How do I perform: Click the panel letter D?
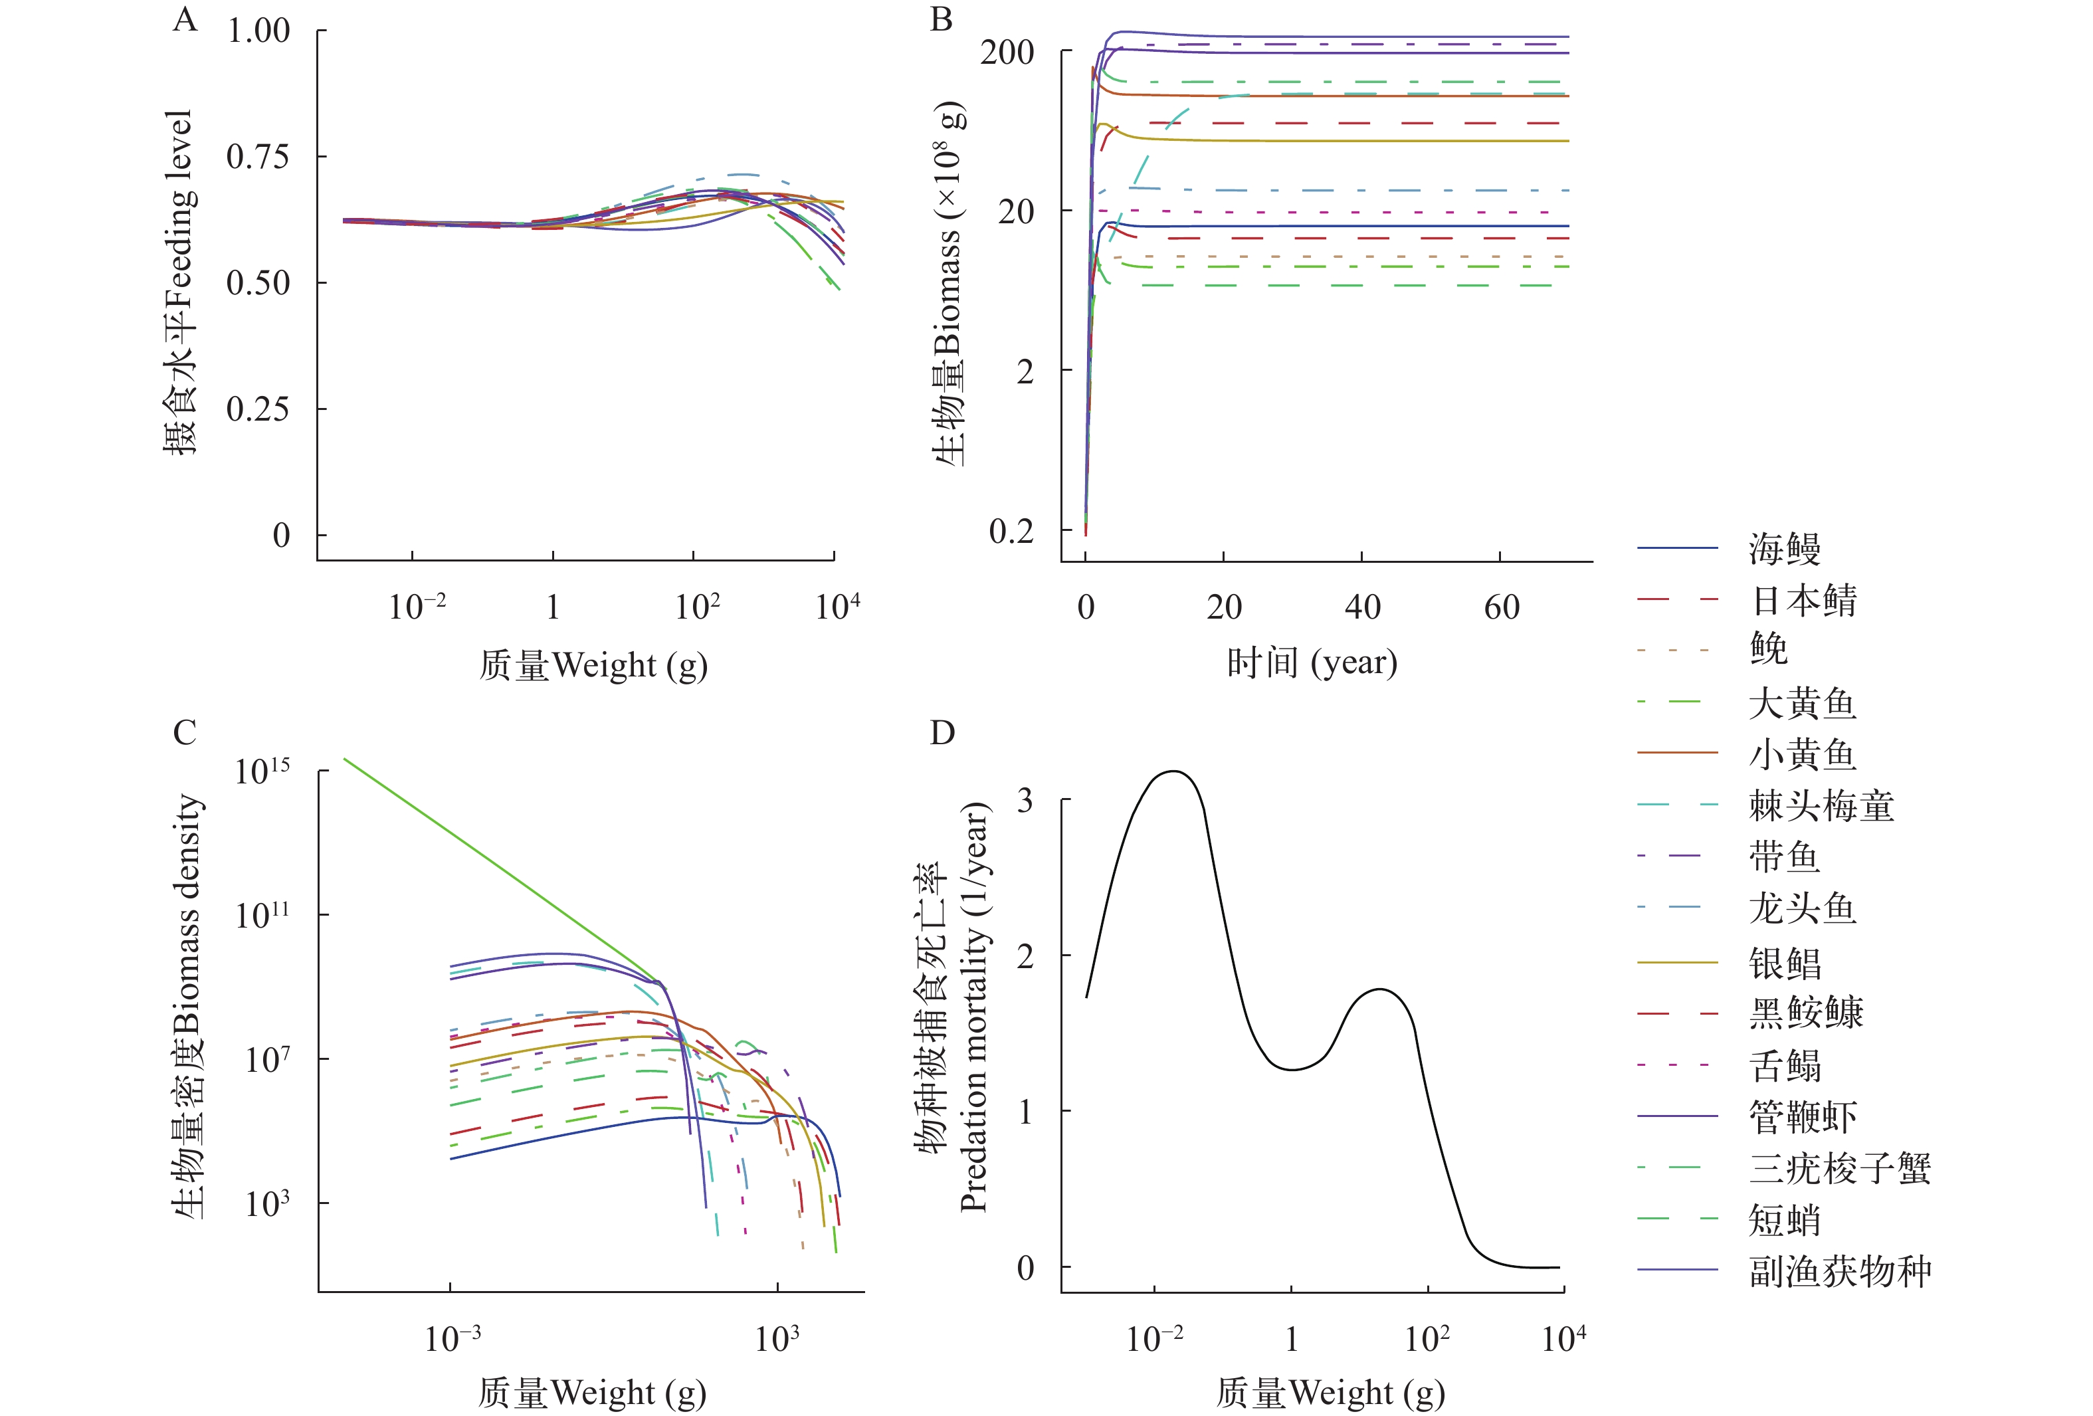[x=942, y=733]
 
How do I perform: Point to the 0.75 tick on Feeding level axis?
[x=258, y=157]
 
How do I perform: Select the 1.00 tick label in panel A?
[x=258, y=31]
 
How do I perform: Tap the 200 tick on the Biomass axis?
[x=1007, y=52]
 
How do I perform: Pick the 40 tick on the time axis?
[x=1361, y=607]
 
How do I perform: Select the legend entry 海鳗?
[x=1784, y=548]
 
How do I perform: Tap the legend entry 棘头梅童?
[x=1821, y=805]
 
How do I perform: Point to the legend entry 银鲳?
[x=1784, y=963]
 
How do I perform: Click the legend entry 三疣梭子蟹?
[x=1839, y=1168]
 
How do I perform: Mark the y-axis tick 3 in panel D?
[x=1025, y=800]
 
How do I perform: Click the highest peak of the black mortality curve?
[x=1173, y=771]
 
